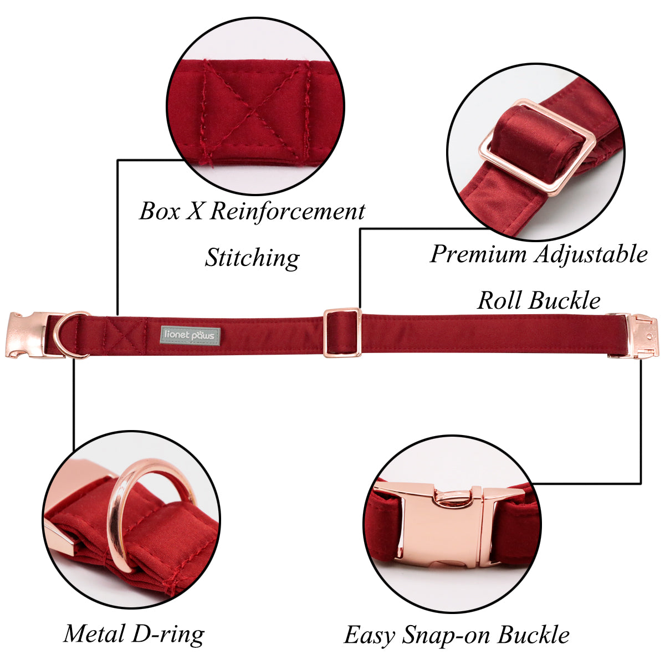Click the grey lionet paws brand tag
(x=190, y=335)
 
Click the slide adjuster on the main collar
(x=342, y=332)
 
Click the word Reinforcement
(x=288, y=211)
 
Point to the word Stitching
(x=252, y=258)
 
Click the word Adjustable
(x=591, y=255)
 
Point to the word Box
(x=160, y=211)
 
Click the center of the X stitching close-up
(x=254, y=111)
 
